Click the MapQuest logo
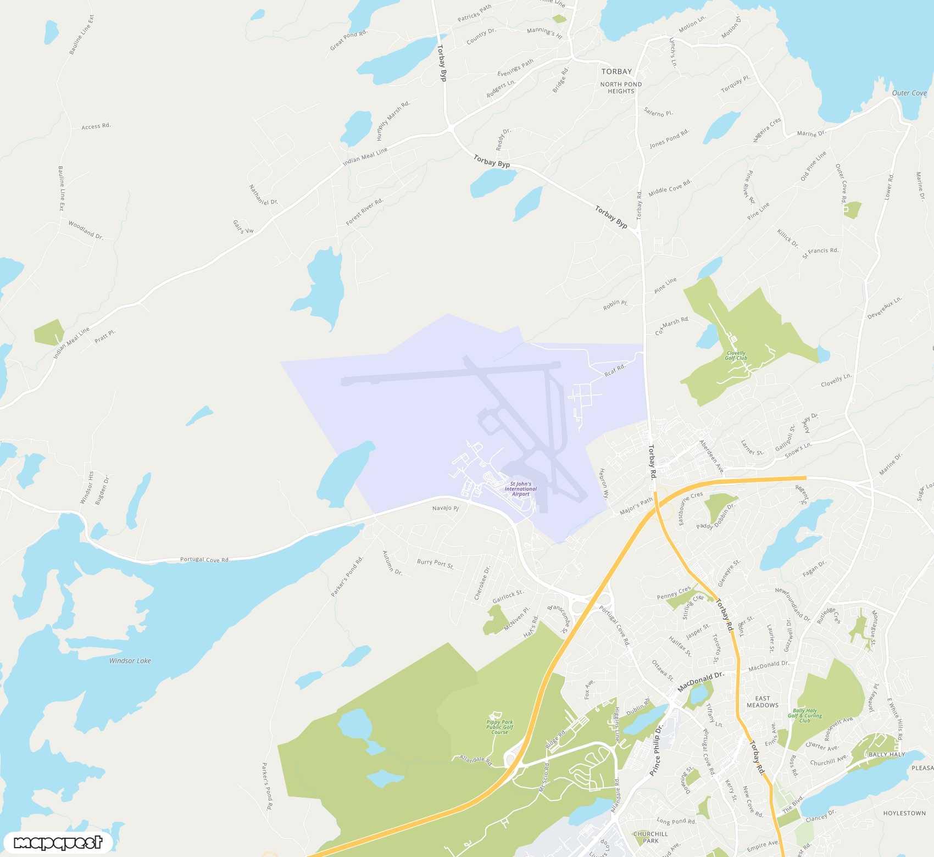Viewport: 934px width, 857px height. [58, 843]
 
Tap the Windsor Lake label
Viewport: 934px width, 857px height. [130, 661]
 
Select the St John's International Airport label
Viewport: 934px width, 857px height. [520, 489]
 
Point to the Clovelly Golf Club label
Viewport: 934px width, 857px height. [736, 355]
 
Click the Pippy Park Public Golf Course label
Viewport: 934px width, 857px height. [499, 727]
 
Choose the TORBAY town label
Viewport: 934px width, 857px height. [616, 71]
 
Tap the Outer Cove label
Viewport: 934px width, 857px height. [909, 93]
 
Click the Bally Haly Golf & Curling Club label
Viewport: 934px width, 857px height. [805, 715]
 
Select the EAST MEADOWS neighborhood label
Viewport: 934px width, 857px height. [762, 702]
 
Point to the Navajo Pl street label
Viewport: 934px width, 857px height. [446, 508]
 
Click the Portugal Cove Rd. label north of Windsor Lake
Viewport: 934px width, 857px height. [205, 560]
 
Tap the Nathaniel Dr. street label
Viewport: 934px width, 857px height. [263, 195]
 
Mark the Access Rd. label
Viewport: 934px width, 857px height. [96, 126]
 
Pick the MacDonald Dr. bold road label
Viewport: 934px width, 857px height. [700, 682]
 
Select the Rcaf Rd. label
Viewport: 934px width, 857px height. [615, 370]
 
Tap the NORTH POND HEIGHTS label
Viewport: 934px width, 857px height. [621, 88]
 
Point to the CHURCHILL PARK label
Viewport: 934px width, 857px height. [651, 837]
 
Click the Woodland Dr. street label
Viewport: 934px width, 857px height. [86, 230]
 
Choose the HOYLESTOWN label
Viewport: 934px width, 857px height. [904, 813]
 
